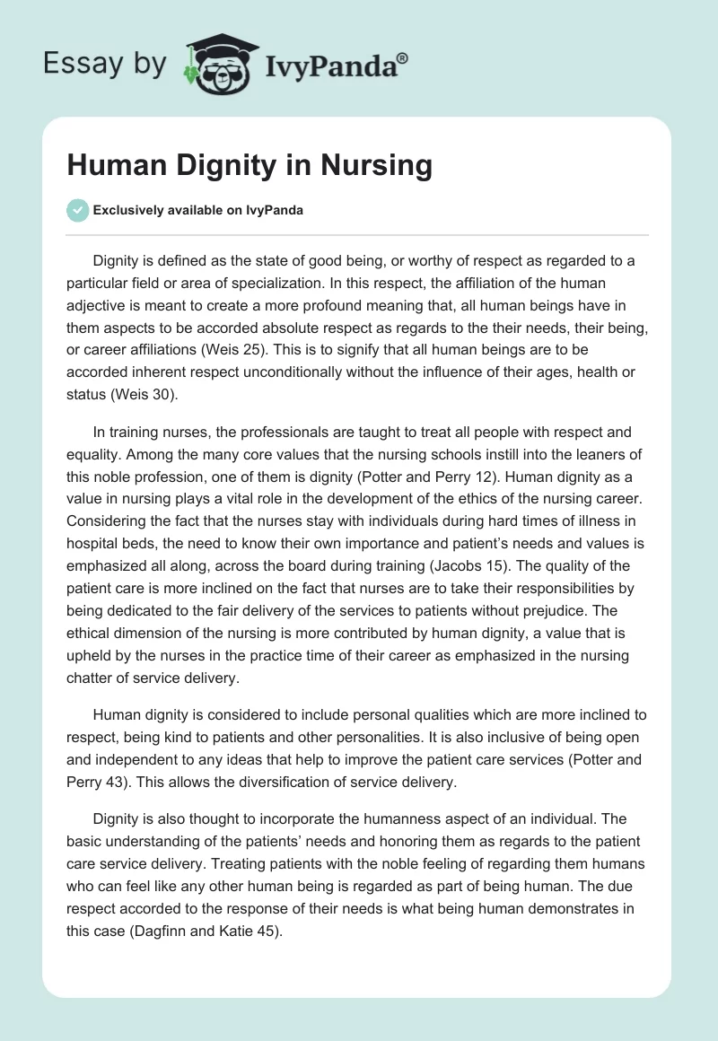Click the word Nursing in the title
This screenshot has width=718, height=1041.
(x=379, y=165)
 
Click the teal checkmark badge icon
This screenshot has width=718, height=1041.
(x=77, y=210)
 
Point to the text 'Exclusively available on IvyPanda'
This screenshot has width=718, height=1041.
(x=198, y=211)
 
